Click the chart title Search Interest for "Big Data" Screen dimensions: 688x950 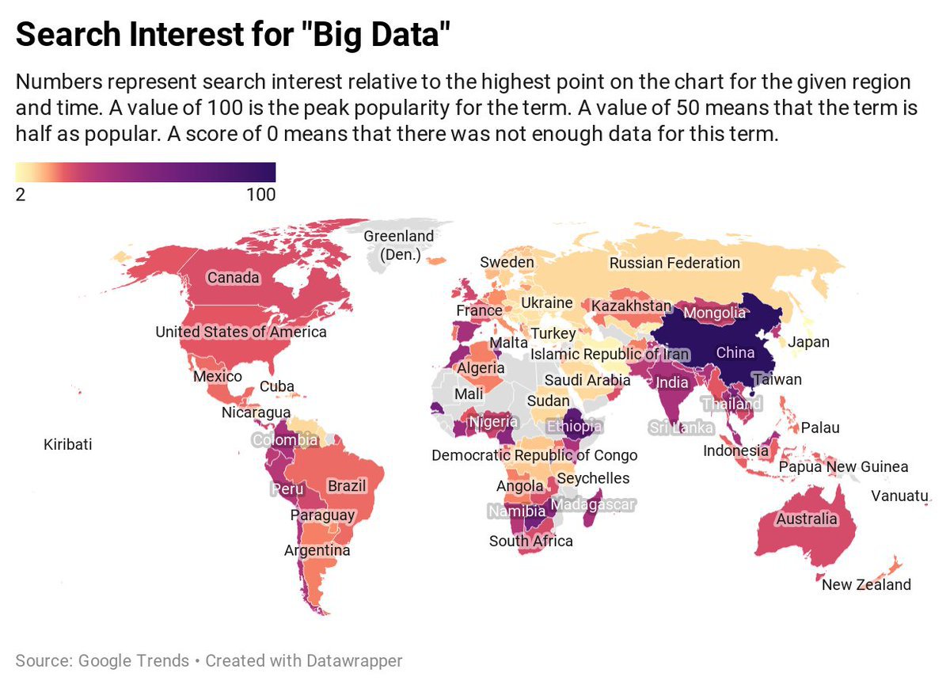(233, 37)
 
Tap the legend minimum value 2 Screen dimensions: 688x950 (21, 195)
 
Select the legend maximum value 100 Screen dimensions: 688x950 (260, 195)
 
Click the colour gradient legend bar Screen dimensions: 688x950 (146, 172)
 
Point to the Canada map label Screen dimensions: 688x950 (233, 277)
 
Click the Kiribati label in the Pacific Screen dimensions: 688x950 (67, 444)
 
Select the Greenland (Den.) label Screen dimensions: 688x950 (398, 245)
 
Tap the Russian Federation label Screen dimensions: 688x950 (674, 263)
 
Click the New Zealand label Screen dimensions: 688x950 (866, 585)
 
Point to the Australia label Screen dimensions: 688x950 (806, 519)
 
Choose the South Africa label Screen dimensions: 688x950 (530, 542)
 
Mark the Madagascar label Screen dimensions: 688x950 (593, 504)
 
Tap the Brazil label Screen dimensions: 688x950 (347, 485)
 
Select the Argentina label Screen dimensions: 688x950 (317, 550)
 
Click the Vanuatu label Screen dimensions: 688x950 (899, 496)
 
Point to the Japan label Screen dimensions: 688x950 (808, 342)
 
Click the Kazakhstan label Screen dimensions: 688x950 (631, 306)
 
